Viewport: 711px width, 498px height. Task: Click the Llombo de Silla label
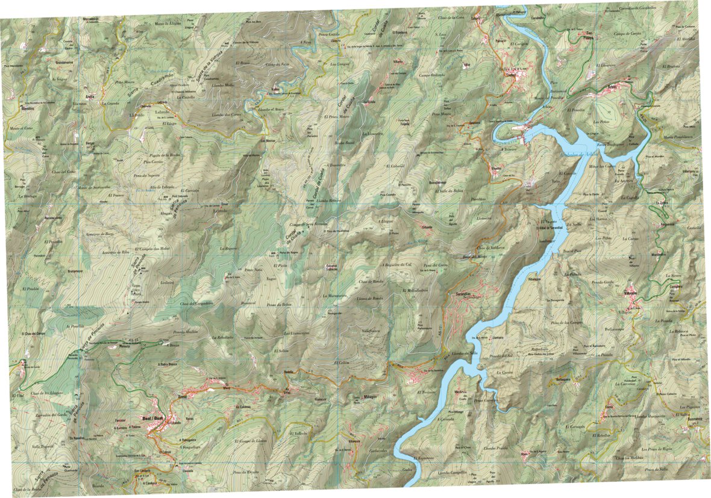coord(465,353)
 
